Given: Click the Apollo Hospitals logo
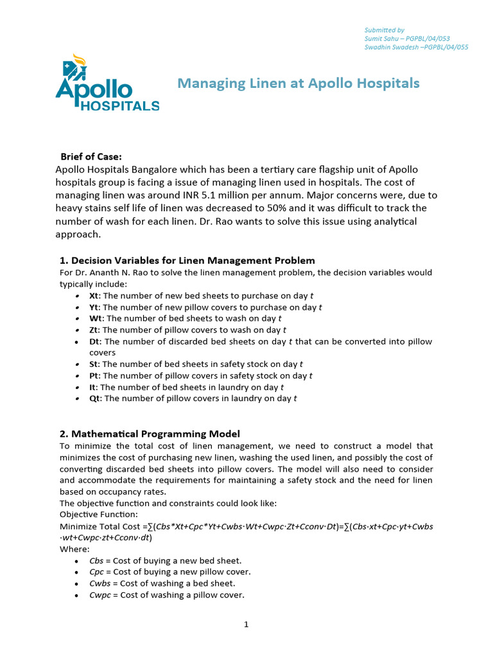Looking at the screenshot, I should pos(107,85).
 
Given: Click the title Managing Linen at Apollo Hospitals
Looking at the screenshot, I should pos(298,83).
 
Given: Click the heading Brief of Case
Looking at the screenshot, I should pos(91,157).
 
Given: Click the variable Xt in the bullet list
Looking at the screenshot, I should pos(94,296).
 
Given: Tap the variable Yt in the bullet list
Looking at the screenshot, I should pos(94,307).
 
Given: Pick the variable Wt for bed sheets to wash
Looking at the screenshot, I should pos(96,319).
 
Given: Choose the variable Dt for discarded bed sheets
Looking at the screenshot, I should pos(95,342).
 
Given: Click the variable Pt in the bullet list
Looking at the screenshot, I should pos(94,376).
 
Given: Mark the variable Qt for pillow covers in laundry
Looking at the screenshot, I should pos(95,399).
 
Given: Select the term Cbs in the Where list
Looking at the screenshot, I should pos(96,561).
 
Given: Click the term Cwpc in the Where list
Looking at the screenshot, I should pos(100,595).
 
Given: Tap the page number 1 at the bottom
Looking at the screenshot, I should pos(246,626).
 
